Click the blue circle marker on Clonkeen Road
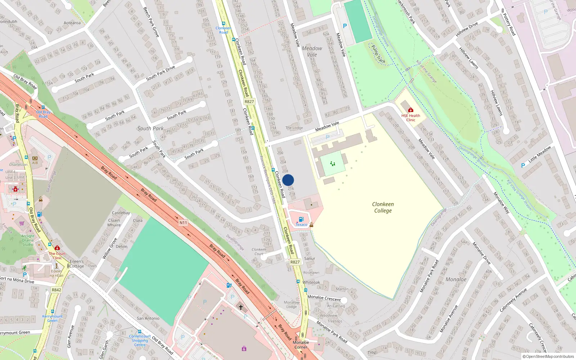click(x=288, y=180)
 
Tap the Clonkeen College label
click(x=383, y=207)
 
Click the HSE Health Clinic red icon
click(x=411, y=110)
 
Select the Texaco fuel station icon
click(x=301, y=219)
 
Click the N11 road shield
click(x=183, y=223)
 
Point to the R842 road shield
click(x=57, y=290)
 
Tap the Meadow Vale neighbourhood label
click(x=312, y=51)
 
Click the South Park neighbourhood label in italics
click(x=150, y=129)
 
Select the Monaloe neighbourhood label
click(x=456, y=279)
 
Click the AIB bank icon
click(x=35, y=158)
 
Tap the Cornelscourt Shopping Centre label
click(x=140, y=340)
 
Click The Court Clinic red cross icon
click(x=57, y=248)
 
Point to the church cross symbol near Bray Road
click(x=241, y=307)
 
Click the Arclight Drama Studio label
click(x=28, y=240)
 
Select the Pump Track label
click(x=378, y=54)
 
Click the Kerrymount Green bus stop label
click(x=52, y=318)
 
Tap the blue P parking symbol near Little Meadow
click(x=523, y=166)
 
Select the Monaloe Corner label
click(x=301, y=345)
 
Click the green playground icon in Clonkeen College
click(x=333, y=164)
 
